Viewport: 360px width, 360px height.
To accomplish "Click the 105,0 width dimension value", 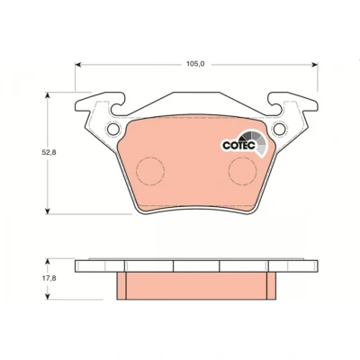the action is [x=195, y=64].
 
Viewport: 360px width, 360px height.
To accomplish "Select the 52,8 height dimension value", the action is [x=49, y=152].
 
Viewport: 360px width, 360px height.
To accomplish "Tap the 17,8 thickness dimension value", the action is [x=49, y=278].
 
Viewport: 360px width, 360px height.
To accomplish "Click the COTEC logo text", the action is [x=238, y=145].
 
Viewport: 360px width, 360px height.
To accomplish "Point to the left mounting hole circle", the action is [x=113, y=129].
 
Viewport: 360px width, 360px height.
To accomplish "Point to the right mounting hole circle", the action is [x=279, y=129].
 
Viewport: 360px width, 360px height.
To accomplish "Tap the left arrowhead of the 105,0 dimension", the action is [x=78, y=64].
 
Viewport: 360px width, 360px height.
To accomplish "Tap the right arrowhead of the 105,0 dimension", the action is [x=315, y=64].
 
